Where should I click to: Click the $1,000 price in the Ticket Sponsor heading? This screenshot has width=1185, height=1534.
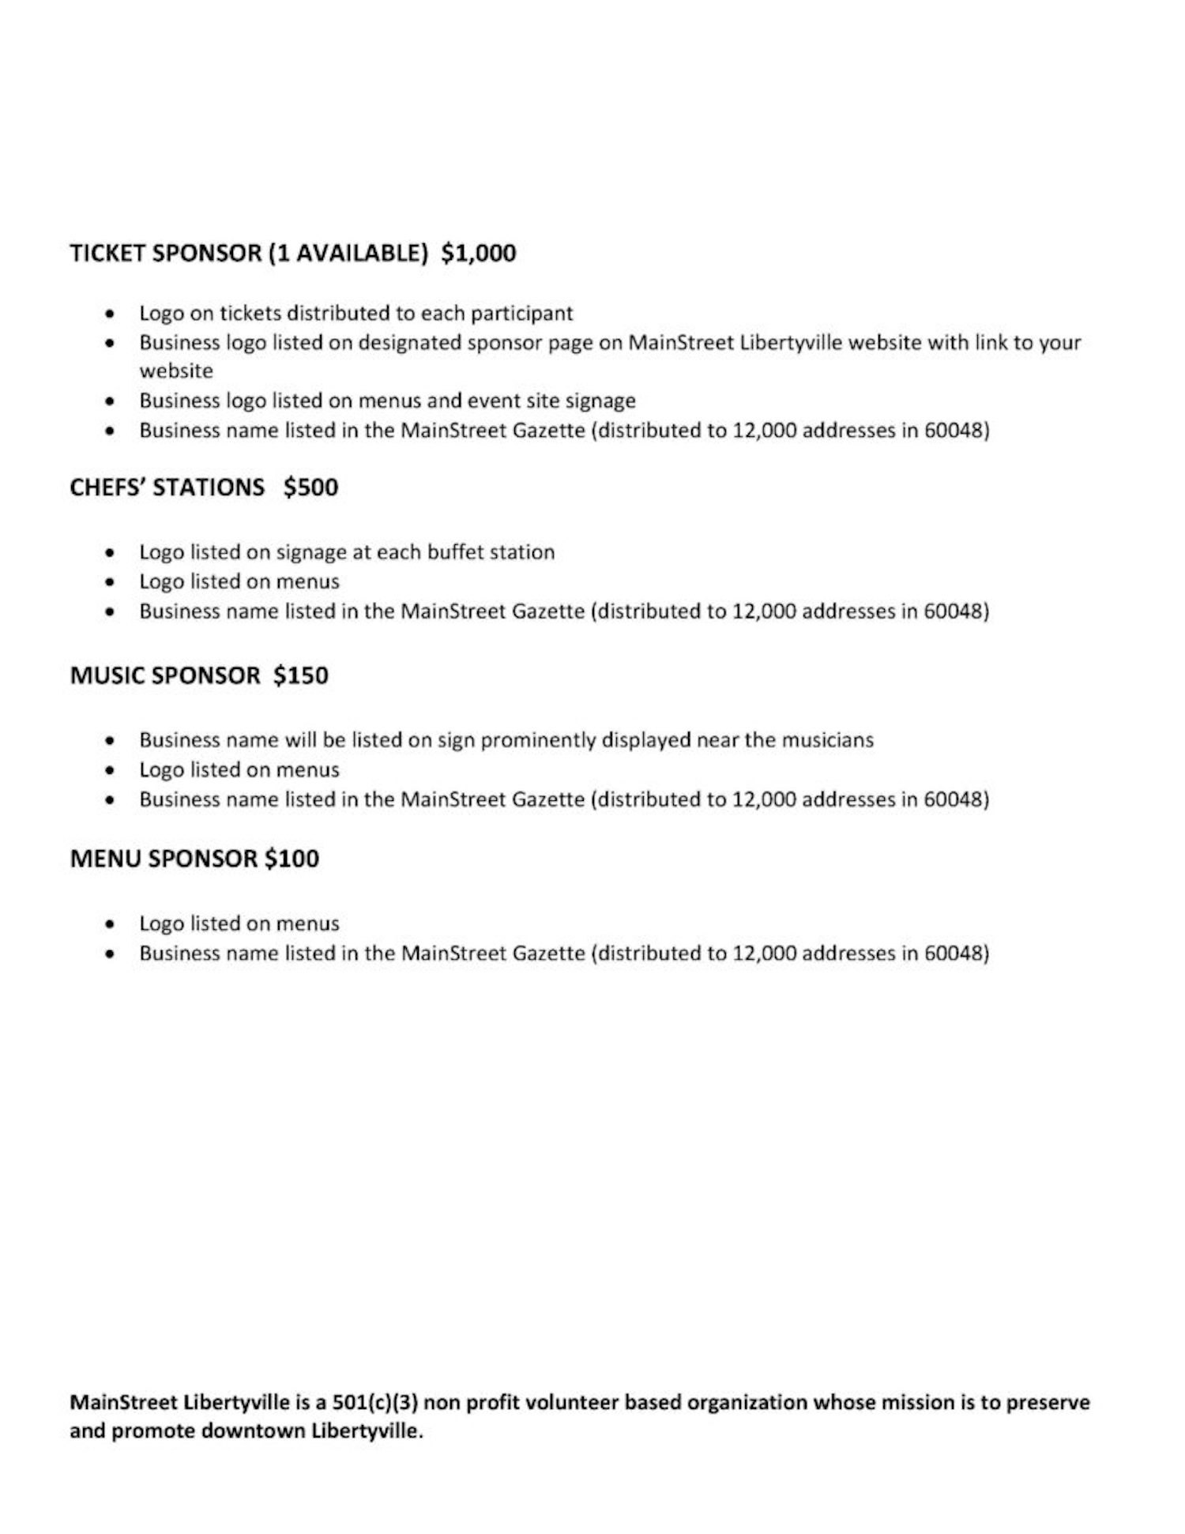tap(478, 254)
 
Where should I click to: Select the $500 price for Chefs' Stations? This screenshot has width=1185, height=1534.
tap(310, 487)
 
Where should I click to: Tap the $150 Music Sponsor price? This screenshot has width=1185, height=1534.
tap(300, 675)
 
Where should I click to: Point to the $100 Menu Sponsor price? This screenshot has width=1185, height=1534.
tap(292, 859)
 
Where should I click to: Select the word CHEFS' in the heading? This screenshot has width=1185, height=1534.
tap(107, 487)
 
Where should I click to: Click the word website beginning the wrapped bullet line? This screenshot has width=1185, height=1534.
tap(176, 371)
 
